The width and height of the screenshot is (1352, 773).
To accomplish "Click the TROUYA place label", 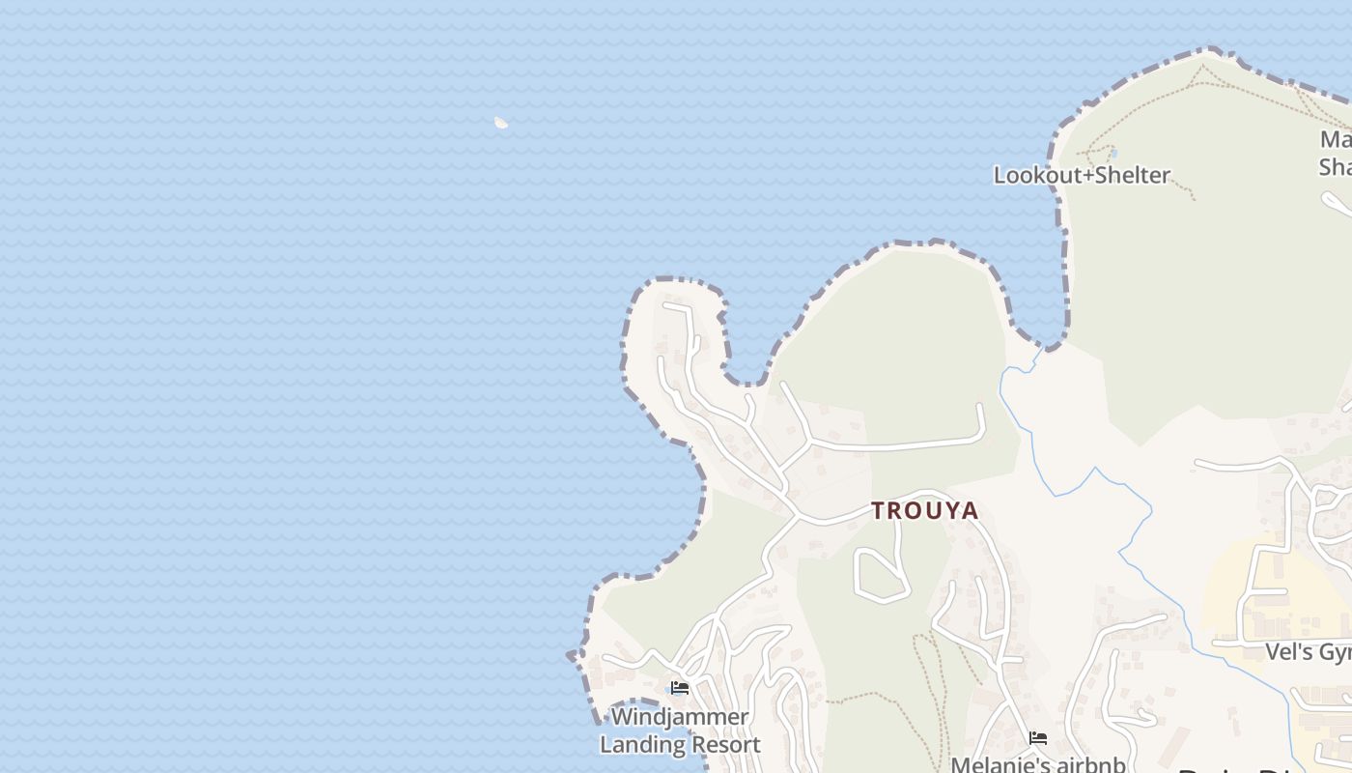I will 925,511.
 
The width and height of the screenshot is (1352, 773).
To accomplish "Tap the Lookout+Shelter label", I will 1082,176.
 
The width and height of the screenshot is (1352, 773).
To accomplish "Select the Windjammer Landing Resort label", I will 680,731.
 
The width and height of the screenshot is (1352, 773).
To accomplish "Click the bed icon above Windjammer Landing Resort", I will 680,688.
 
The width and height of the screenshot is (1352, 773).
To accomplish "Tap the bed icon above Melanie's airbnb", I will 1038,738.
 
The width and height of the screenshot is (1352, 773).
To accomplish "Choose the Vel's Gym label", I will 1310,653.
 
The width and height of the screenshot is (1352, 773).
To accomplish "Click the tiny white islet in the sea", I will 501,123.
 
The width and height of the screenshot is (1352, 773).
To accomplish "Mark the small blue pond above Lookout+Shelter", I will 1113,153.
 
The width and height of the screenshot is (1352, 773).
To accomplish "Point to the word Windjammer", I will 680,718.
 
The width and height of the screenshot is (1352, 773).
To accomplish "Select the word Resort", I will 723,745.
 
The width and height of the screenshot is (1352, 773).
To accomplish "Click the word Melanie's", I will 995,764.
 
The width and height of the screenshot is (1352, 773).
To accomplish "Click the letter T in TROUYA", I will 879,511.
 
